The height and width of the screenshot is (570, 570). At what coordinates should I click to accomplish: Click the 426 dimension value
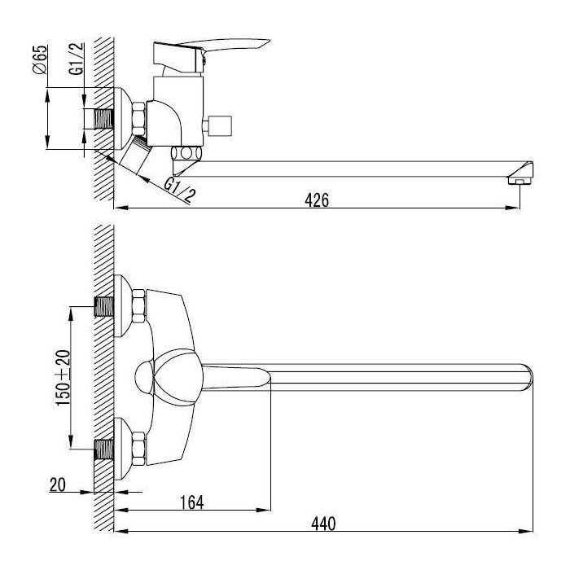tap(317, 200)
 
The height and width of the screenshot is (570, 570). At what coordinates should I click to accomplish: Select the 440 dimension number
tap(323, 524)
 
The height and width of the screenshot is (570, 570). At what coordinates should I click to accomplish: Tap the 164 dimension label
tap(192, 502)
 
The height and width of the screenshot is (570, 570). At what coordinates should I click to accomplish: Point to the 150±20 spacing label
tap(63, 378)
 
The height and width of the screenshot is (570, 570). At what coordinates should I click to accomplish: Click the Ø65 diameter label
tap(40, 59)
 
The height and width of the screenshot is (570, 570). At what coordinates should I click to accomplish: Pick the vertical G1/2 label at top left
tap(77, 59)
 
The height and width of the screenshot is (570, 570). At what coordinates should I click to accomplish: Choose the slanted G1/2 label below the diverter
tap(179, 190)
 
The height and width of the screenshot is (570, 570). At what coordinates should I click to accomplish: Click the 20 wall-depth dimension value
tap(58, 484)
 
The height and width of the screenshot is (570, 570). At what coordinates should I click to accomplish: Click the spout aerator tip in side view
tap(520, 181)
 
